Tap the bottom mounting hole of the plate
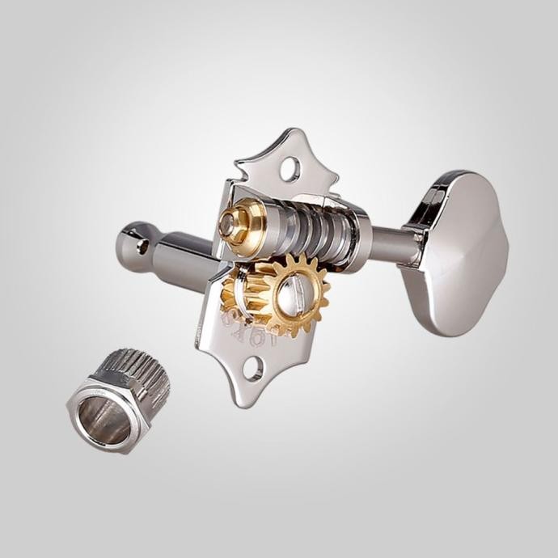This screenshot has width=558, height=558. click(x=253, y=370)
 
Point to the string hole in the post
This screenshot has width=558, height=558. click(x=143, y=247)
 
